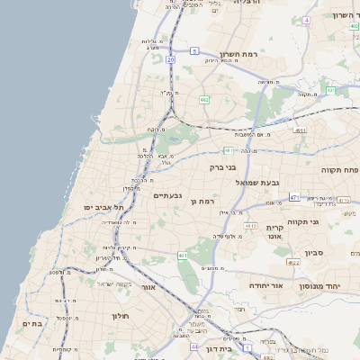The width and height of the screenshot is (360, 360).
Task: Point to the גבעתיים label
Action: tap(168, 196)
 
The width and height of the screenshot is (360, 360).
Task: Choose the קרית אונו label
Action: tap(275, 232)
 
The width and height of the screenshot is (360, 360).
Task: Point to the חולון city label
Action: tap(121, 317)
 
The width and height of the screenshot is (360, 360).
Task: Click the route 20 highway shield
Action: tap(170, 59)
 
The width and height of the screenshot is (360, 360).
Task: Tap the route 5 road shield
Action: tap(194, 52)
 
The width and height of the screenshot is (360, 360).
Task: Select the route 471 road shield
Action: tap(294, 196)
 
